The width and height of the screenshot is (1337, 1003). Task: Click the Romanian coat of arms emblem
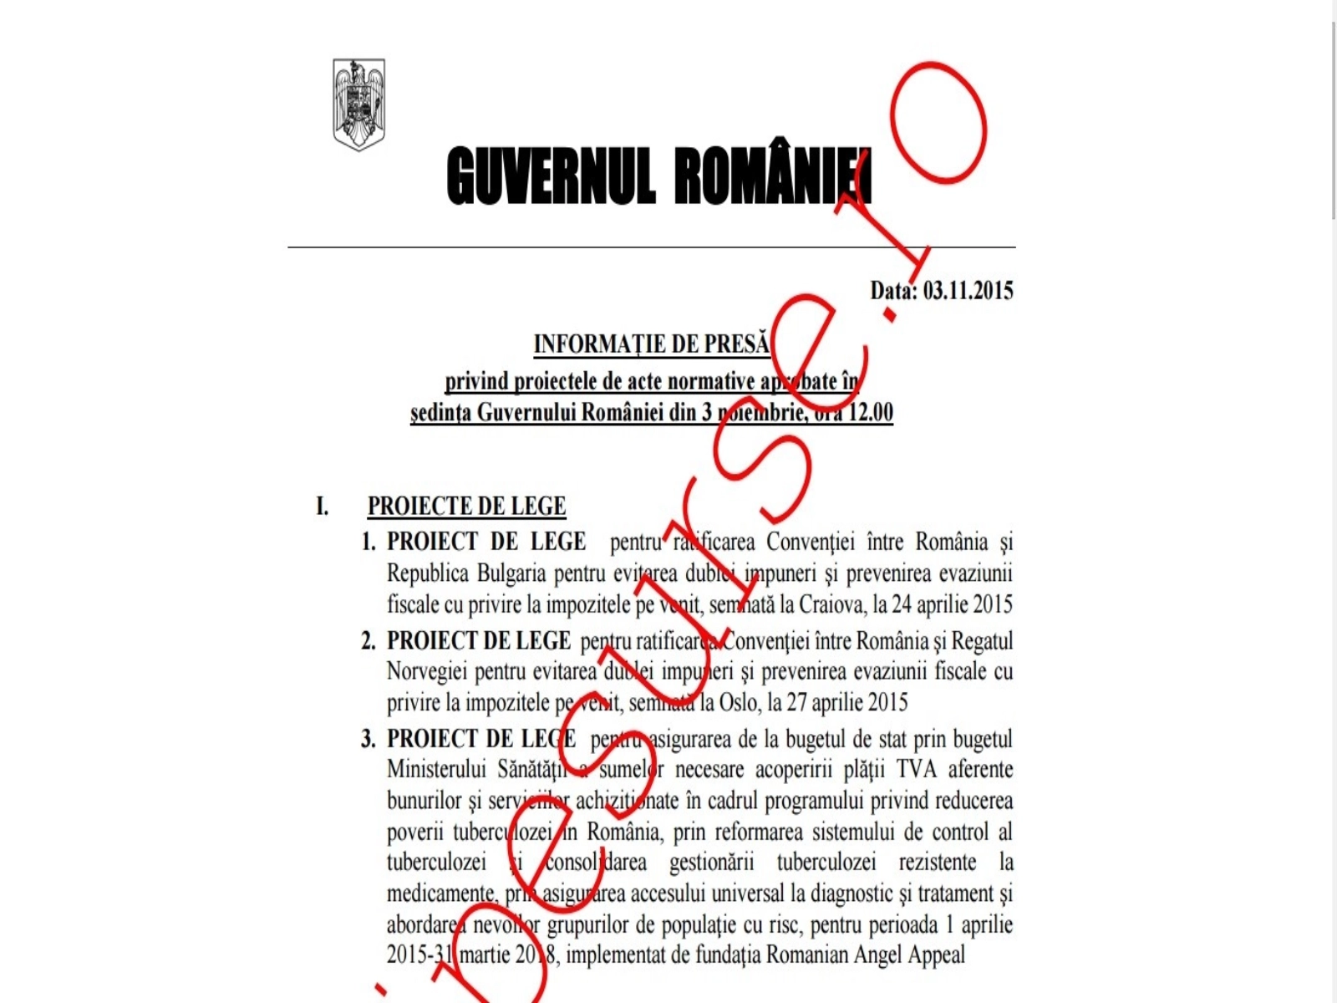pos(358,104)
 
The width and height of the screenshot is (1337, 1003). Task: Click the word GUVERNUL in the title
pos(550,176)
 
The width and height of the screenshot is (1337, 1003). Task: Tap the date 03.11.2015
pos(968,291)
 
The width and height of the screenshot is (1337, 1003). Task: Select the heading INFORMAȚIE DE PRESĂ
pos(652,344)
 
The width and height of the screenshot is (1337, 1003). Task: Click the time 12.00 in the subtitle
pos(871,413)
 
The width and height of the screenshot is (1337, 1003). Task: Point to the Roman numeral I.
pos(322,507)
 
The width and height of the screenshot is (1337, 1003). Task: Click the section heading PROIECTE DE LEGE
pos(466,507)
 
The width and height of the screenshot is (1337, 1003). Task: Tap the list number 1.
pos(368,542)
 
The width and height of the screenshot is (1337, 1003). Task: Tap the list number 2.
pos(368,641)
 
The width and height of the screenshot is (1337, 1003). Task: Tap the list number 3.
pos(368,740)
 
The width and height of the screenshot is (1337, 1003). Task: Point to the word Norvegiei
pos(426,671)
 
